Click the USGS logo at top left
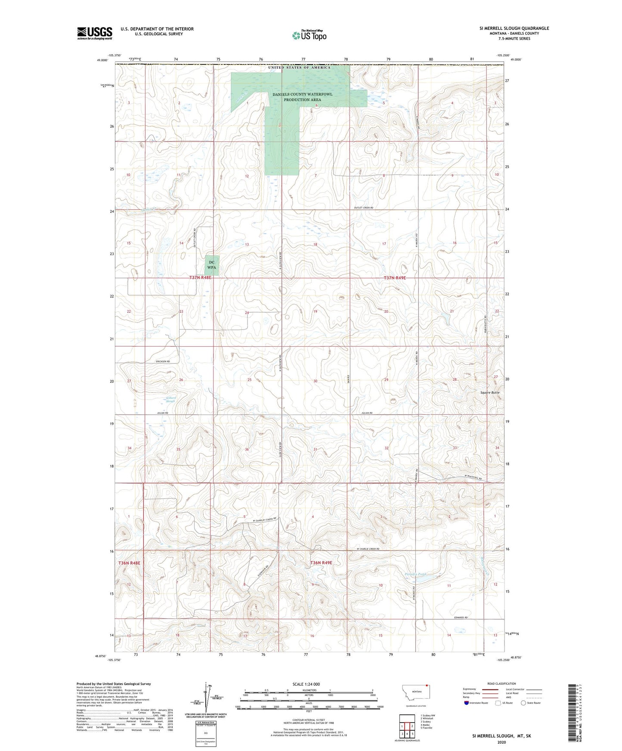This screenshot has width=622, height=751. pyautogui.click(x=95, y=33)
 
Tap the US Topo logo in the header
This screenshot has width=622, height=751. pyautogui.click(x=309, y=35)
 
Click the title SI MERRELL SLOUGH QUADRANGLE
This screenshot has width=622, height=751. pyautogui.click(x=514, y=28)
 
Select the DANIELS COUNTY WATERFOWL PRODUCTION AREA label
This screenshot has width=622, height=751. pyautogui.click(x=302, y=97)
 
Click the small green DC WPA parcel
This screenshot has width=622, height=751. pyautogui.click(x=211, y=265)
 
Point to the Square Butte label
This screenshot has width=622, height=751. pyautogui.click(x=490, y=393)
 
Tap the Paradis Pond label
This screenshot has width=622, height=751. pyautogui.click(x=415, y=574)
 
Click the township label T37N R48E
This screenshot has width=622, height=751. pyautogui.click(x=201, y=278)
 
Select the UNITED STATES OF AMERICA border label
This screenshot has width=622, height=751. pyautogui.click(x=299, y=68)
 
